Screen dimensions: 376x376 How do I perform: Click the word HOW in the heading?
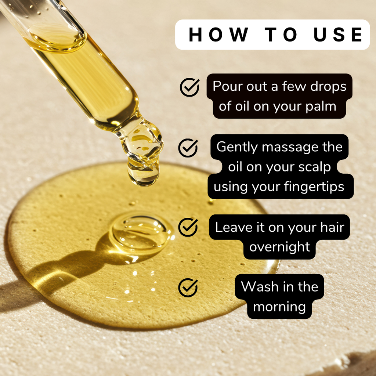point(218,35)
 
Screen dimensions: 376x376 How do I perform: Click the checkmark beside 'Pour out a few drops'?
point(189,87)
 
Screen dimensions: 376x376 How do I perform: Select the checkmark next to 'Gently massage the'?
point(188,148)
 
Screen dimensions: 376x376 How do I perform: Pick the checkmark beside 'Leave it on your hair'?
point(188,227)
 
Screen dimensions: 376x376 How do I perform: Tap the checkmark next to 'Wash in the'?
point(188,287)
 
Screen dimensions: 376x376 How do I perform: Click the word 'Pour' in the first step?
point(226,86)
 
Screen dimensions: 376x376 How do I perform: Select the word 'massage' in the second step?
point(285,147)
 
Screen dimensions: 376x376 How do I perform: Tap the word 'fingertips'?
point(314,187)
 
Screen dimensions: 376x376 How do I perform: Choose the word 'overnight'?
point(280,247)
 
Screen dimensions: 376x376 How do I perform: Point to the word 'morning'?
point(279,307)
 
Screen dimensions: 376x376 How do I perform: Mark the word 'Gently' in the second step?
point(237,147)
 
